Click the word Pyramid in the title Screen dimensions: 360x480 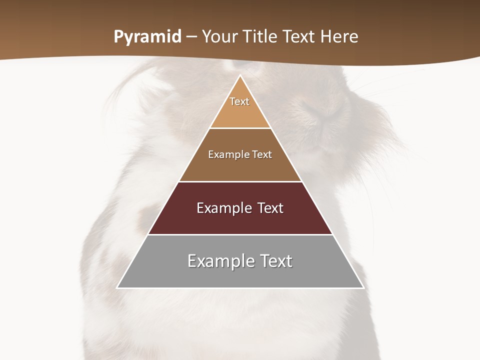click(147, 37)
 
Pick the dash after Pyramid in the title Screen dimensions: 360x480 click(191, 37)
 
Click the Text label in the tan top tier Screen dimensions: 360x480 click(239, 101)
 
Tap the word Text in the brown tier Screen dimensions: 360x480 click(262, 154)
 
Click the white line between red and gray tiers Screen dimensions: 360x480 click(240, 234)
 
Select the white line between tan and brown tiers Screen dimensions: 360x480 click(240, 128)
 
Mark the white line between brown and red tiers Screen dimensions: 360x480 click(240, 181)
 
